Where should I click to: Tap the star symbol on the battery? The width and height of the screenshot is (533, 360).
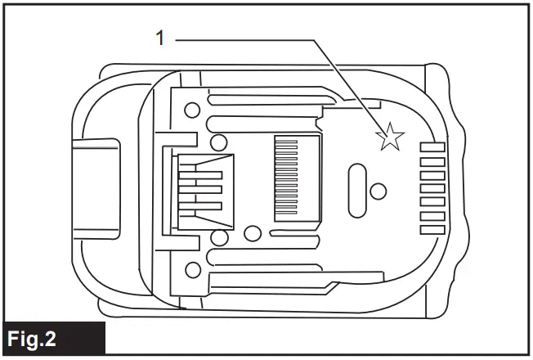tap(390, 137)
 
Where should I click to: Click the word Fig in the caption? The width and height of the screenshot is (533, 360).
tap(25, 339)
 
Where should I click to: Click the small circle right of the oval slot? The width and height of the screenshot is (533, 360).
tap(378, 191)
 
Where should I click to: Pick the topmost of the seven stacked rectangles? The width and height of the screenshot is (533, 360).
tap(432, 148)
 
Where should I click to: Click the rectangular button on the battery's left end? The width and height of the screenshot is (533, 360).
tap(96, 187)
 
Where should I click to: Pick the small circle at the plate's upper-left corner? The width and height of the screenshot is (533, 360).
tap(192, 109)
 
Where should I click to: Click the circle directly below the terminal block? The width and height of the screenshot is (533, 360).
tap(218, 238)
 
